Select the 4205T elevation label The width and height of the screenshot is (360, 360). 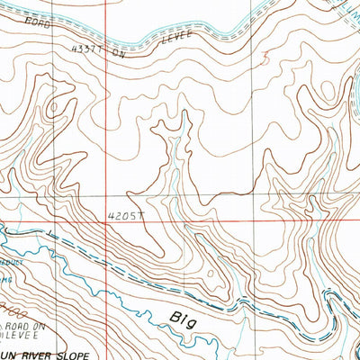click(123, 216)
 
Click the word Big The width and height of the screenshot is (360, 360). click(184, 317)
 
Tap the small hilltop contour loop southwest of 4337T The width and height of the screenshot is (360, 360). click(56, 106)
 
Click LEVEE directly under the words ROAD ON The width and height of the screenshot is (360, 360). click(22, 330)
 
